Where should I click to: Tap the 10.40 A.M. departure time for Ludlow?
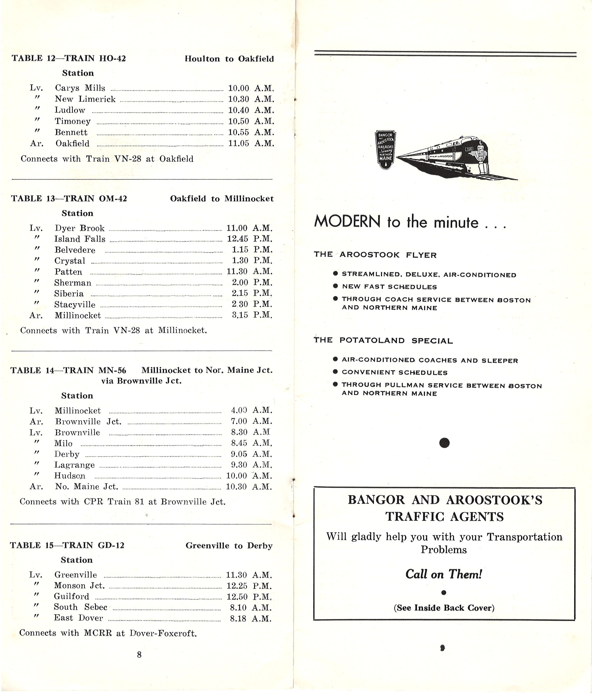(251, 110)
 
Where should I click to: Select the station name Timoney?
(72, 121)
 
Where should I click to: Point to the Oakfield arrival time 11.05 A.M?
(251, 143)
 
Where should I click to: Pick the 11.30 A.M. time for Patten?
(249, 271)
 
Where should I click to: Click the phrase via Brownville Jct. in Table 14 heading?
(141, 381)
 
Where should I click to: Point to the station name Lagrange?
(74, 465)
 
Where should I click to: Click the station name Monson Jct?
(79, 586)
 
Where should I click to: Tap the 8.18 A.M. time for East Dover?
(250, 618)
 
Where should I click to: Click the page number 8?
(139, 655)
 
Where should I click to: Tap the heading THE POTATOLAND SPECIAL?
(383, 340)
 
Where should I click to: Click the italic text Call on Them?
(443, 574)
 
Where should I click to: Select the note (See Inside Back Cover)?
(444, 608)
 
